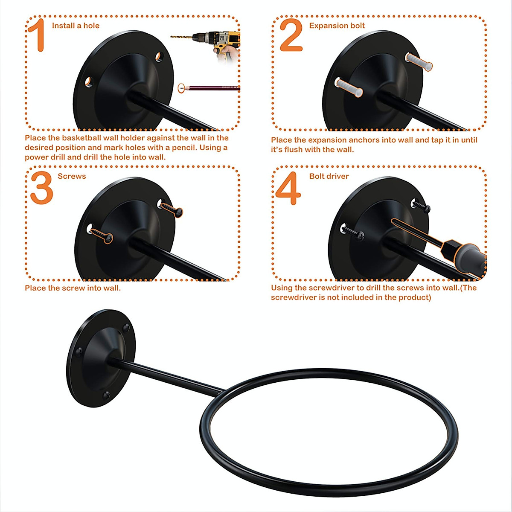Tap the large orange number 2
point(291,36)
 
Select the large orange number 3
point(42,188)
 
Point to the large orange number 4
point(288,188)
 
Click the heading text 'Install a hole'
point(76,26)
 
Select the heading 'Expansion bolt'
point(337,26)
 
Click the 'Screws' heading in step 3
point(72,176)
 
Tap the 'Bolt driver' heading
point(329,176)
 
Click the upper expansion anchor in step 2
point(418,61)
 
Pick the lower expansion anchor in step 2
point(349,87)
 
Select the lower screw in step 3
point(102,233)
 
